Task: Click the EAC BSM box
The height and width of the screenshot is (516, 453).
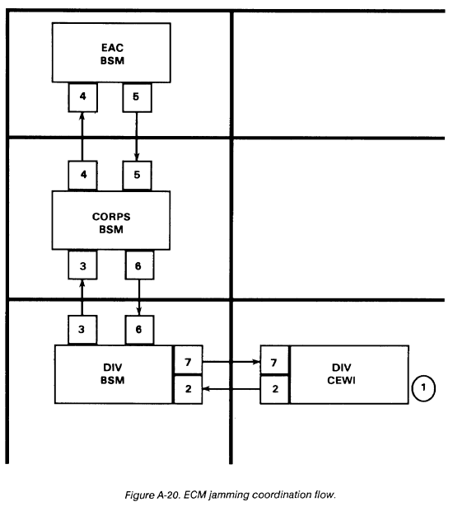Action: [111, 53]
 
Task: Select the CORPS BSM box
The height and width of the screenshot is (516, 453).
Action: [111, 220]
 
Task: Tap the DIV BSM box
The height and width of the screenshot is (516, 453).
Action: [114, 374]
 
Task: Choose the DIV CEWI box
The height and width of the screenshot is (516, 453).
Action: [349, 374]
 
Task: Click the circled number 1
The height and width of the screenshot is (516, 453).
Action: [423, 388]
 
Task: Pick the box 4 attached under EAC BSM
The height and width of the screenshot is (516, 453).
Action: [83, 97]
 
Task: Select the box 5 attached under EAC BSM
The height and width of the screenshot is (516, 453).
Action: [137, 97]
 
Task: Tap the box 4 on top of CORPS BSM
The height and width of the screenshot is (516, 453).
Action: [83, 176]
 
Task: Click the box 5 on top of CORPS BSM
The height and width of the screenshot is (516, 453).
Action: [137, 176]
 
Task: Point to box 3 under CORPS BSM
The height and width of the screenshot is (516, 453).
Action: [82, 265]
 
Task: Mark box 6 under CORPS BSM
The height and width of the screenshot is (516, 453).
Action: [139, 265]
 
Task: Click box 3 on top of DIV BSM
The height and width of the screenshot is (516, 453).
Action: [82, 330]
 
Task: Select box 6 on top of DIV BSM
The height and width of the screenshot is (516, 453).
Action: [139, 330]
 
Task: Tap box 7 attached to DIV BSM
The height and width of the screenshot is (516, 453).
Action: [188, 359]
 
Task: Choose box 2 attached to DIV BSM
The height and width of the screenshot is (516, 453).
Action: [188, 389]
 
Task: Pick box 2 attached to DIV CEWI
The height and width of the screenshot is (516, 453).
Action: [274, 390]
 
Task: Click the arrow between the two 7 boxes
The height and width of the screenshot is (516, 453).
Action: [231, 362]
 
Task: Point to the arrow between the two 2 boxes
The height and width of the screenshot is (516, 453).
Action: [231, 389]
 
